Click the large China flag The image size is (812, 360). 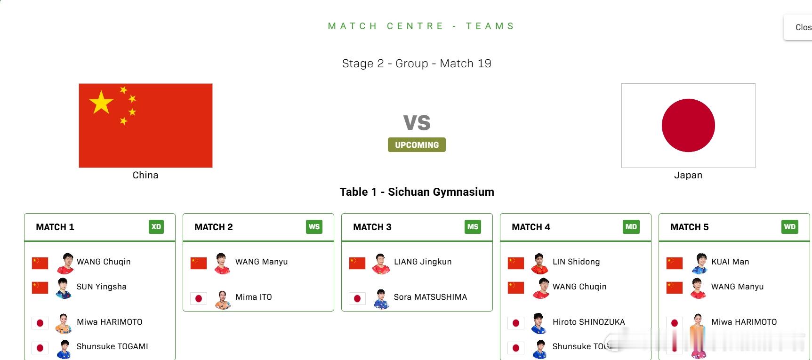click(x=145, y=126)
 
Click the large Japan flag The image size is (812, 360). click(x=688, y=126)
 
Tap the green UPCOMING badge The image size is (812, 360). click(x=417, y=145)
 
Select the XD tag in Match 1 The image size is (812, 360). click(x=156, y=227)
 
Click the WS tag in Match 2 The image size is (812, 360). click(x=314, y=227)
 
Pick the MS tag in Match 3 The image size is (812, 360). click(x=473, y=227)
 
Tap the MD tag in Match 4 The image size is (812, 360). click(x=631, y=227)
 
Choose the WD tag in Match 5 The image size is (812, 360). click(x=790, y=227)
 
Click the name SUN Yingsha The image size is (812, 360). click(x=102, y=287)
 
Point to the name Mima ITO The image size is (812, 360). click(x=254, y=297)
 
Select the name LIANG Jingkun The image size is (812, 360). click(x=423, y=262)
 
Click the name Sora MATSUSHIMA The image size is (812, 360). click(x=430, y=297)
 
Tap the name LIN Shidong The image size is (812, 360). click(x=576, y=262)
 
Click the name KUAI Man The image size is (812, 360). click(x=730, y=262)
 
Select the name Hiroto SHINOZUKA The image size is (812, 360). click(x=589, y=322)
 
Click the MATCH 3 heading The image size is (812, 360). click(x=372, y=227)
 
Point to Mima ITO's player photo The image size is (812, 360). click(x=222, y=299)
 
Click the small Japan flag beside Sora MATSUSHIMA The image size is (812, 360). click(x=357, y=298)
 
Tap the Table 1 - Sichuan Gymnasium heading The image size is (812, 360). click(x=417, y=192)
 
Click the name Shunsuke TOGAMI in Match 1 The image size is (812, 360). click(x=113, y=346)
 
